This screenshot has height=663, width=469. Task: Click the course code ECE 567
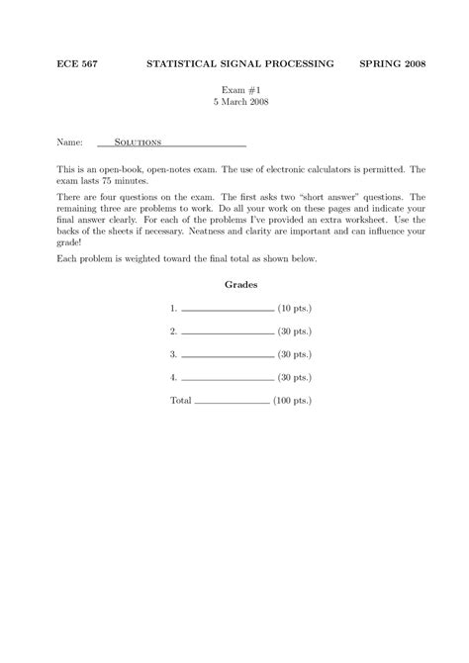62,64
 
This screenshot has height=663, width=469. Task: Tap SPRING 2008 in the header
393,64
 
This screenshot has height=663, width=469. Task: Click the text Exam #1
234,89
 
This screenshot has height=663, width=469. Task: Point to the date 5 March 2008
234,102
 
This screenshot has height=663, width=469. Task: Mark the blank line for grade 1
229,310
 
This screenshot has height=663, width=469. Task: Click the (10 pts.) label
295,308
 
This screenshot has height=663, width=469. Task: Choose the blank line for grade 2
229,332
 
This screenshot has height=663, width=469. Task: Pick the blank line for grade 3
229,355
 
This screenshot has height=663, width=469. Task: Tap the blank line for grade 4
229,378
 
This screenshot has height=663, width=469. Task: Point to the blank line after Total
233,404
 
